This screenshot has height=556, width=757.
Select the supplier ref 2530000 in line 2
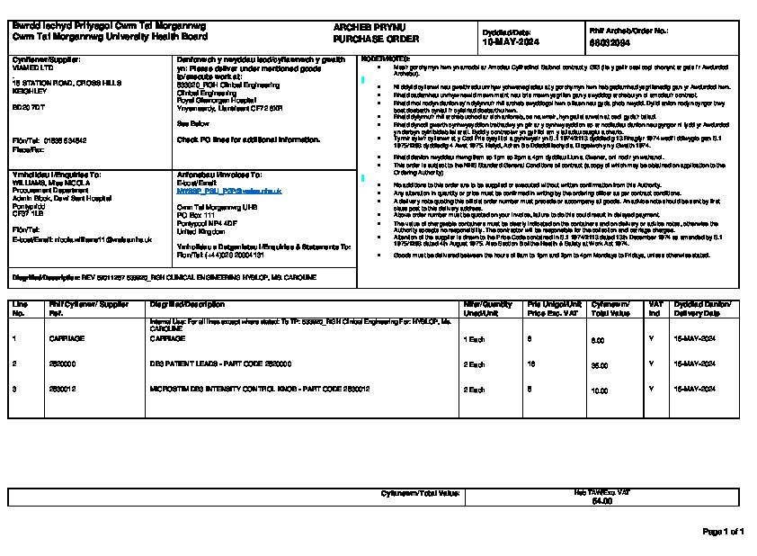(62, 363)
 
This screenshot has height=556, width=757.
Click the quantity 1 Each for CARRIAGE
(475, 338)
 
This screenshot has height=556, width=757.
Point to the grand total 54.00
(601, 500)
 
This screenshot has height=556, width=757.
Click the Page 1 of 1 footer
(723, 532)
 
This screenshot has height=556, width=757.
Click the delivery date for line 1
(693, 338)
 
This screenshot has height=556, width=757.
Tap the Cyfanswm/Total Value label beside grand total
(421, 493)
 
